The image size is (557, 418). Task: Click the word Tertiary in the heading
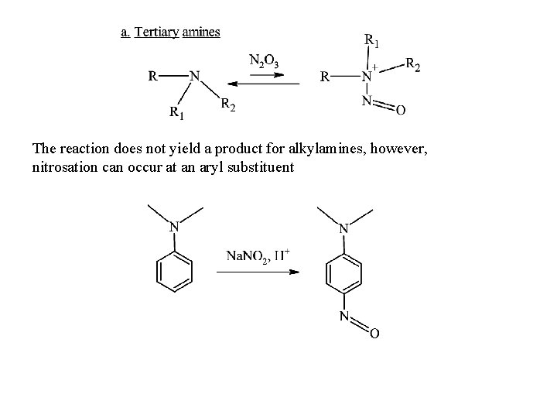157,32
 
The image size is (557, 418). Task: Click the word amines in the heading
201,32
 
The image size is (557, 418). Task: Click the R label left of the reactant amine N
154,77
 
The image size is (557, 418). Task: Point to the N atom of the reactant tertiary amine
194,77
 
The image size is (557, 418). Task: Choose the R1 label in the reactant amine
177,114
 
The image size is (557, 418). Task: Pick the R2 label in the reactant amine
228,104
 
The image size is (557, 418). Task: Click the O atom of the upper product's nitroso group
399,111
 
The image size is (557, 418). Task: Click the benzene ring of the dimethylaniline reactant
174,272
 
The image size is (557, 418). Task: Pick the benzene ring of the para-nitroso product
344,272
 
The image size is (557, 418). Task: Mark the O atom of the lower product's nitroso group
374,334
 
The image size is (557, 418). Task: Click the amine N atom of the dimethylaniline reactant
175,228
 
